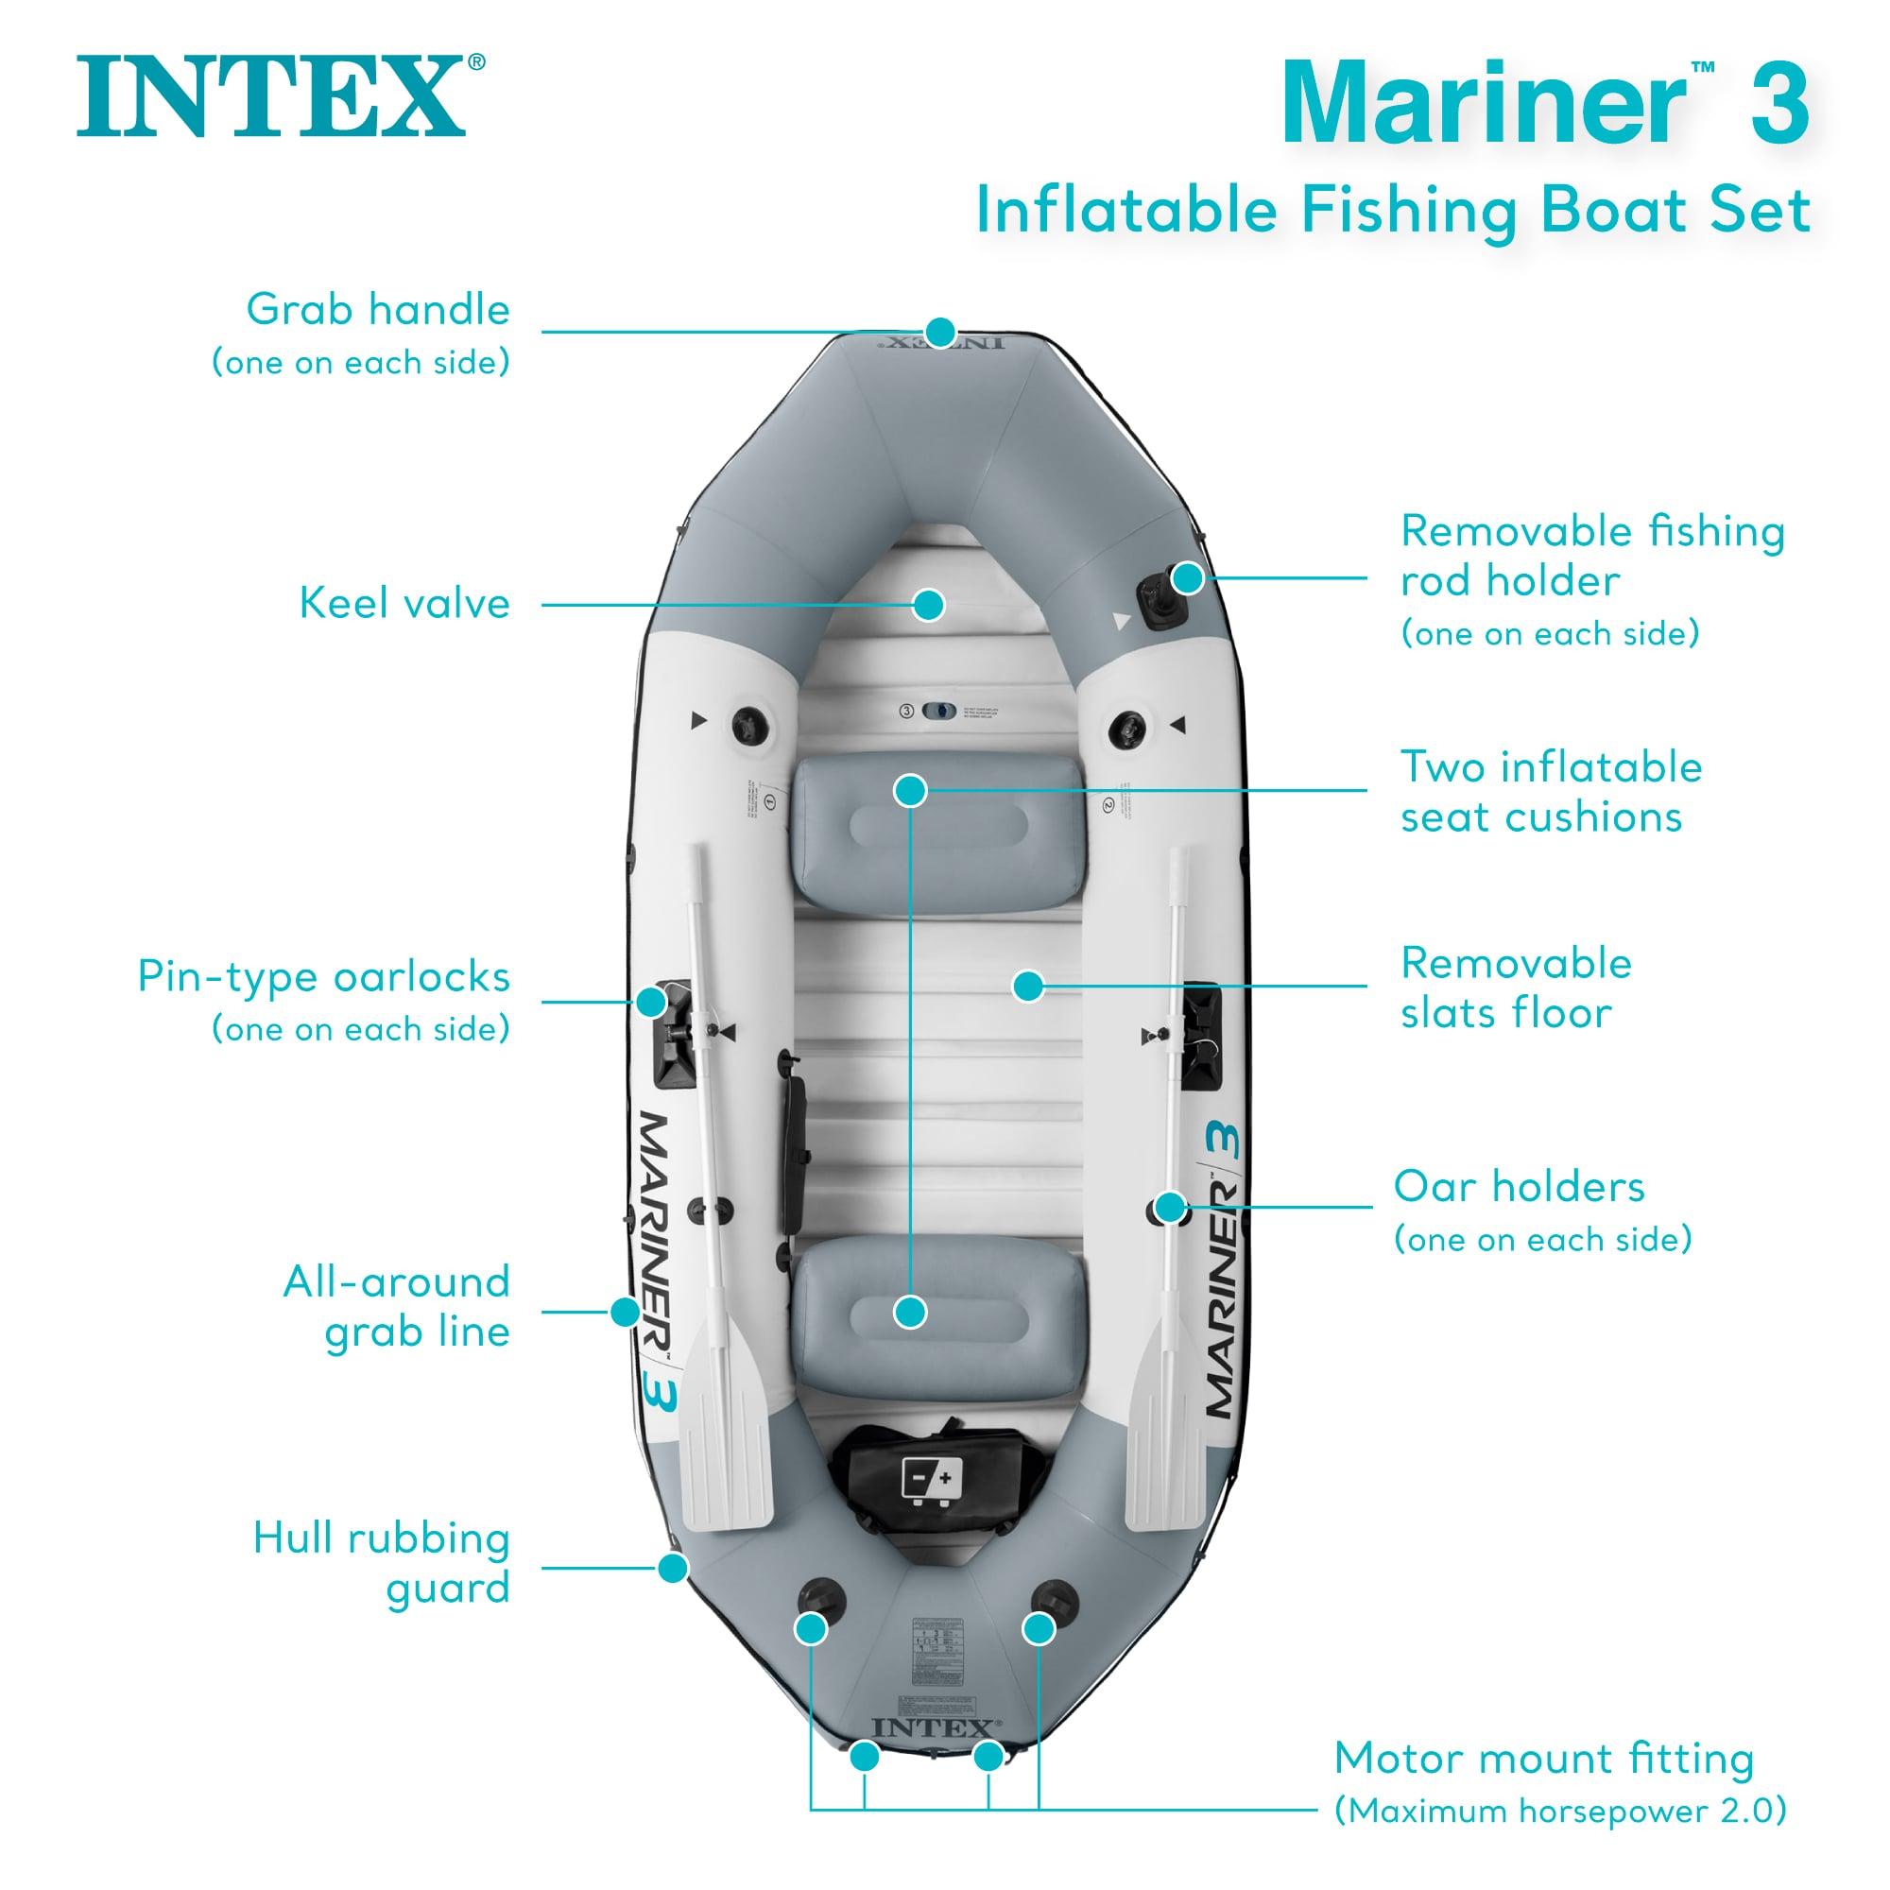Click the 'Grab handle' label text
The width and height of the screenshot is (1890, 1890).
tap(378, 310)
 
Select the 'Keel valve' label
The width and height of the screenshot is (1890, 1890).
tap(404, 604)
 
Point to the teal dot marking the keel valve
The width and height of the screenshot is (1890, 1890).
tap(929, 604)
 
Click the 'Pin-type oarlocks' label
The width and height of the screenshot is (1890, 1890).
tap(324, 976)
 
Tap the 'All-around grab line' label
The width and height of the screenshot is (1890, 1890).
tap(397, 1306)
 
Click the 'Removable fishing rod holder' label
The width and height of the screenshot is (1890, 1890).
tap(1591, 556)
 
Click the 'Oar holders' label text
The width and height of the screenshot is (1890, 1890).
tap(1519, 1187)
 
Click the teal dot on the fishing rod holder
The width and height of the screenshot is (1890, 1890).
tap(1186, 578)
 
